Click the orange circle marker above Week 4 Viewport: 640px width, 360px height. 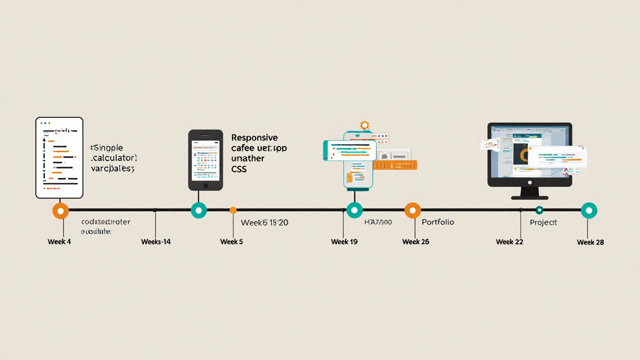click(x=60, y=211)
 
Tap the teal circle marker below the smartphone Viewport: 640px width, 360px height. click(x=198, y=210)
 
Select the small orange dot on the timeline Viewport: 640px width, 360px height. click(x=233, y=210)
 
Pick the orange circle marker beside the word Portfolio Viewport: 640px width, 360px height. click(x=412, y=210)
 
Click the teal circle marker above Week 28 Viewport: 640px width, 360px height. click(x=589, y=210)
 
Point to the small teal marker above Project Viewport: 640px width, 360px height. click(x=539, y=210)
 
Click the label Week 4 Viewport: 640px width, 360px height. click(x=59, y=242)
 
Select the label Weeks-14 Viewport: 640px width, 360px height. click(x=155, y=242)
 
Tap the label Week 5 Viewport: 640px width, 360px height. click(x=231, y=242)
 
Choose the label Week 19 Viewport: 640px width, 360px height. click(x=344, y=242)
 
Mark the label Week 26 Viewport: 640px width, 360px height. click(x=415, y=242)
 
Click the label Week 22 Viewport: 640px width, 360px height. click(x=509, y=242)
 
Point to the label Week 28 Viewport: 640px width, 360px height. click(x=590, y=242)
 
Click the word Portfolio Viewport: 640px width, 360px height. click(x=437, y=222)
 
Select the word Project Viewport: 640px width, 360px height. click(x=543, y=222)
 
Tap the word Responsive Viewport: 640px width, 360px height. click(x=254, y=137)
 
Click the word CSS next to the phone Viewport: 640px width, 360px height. click(x=239, y=169)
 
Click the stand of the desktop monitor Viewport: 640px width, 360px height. click(x=529, y=193)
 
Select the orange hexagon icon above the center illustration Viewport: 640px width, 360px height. click(x=364, y=125)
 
